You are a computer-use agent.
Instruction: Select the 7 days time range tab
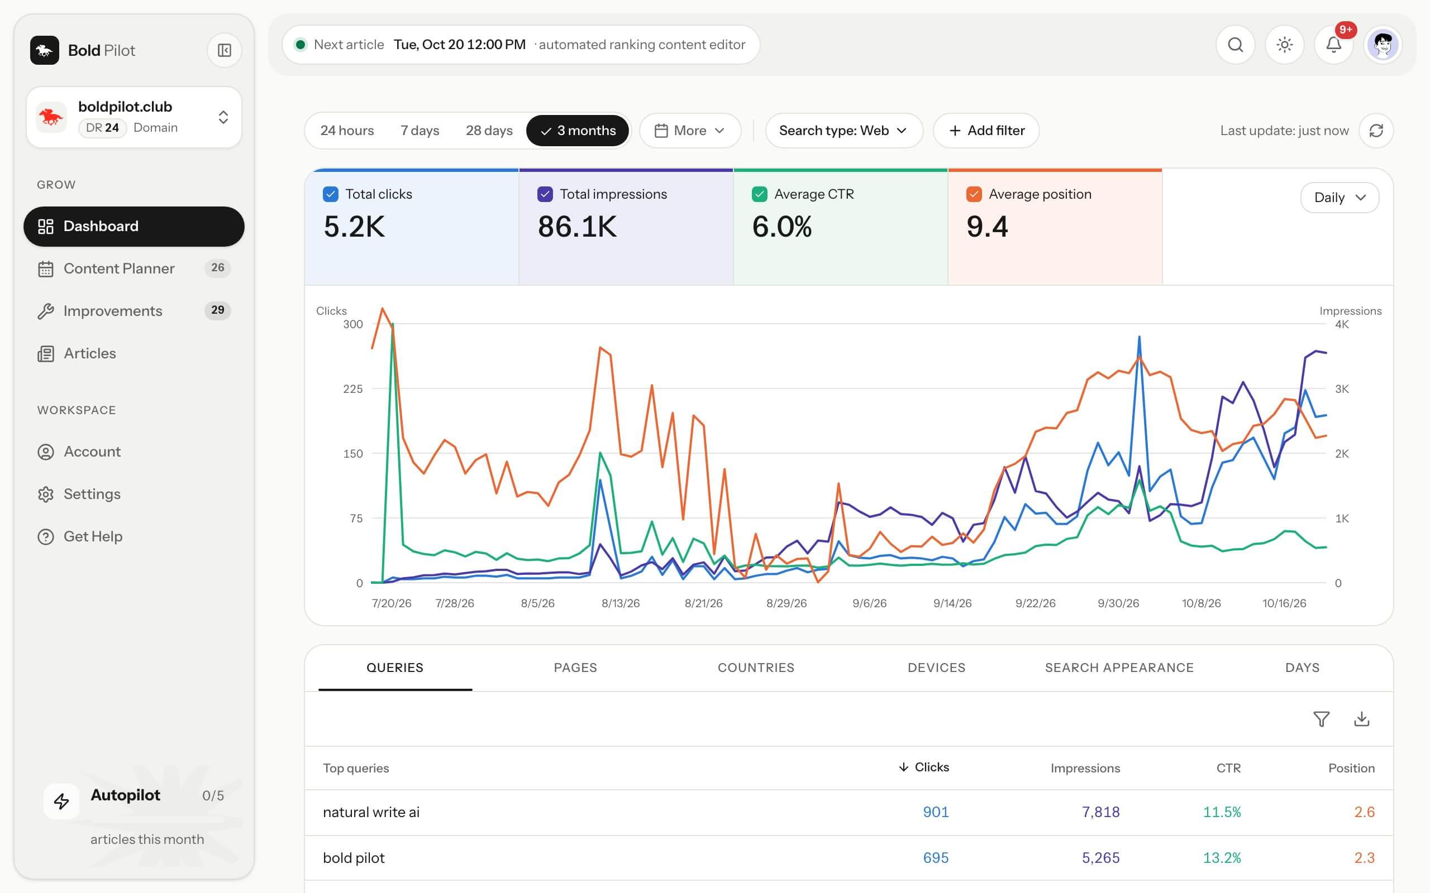420,131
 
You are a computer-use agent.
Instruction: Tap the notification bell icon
1334,45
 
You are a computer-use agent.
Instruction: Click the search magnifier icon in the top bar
1235,45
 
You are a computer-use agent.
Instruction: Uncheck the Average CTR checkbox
759,194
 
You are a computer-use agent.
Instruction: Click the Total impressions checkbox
545,194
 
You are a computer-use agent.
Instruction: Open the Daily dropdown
1340,197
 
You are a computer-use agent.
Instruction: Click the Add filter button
986,131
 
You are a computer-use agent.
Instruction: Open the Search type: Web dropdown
843,131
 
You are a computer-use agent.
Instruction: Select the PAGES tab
575,668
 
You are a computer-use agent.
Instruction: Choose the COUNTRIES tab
756,668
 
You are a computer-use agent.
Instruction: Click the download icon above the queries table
1361,719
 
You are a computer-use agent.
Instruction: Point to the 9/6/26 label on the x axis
869,603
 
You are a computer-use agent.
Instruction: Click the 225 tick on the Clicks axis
353,388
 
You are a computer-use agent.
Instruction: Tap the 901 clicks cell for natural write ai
936,812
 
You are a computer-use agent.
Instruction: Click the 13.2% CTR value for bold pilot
1222,858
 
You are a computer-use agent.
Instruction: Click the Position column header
1351,768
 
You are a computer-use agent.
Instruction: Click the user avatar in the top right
1383,45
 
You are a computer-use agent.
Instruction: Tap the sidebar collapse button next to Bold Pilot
225,50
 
